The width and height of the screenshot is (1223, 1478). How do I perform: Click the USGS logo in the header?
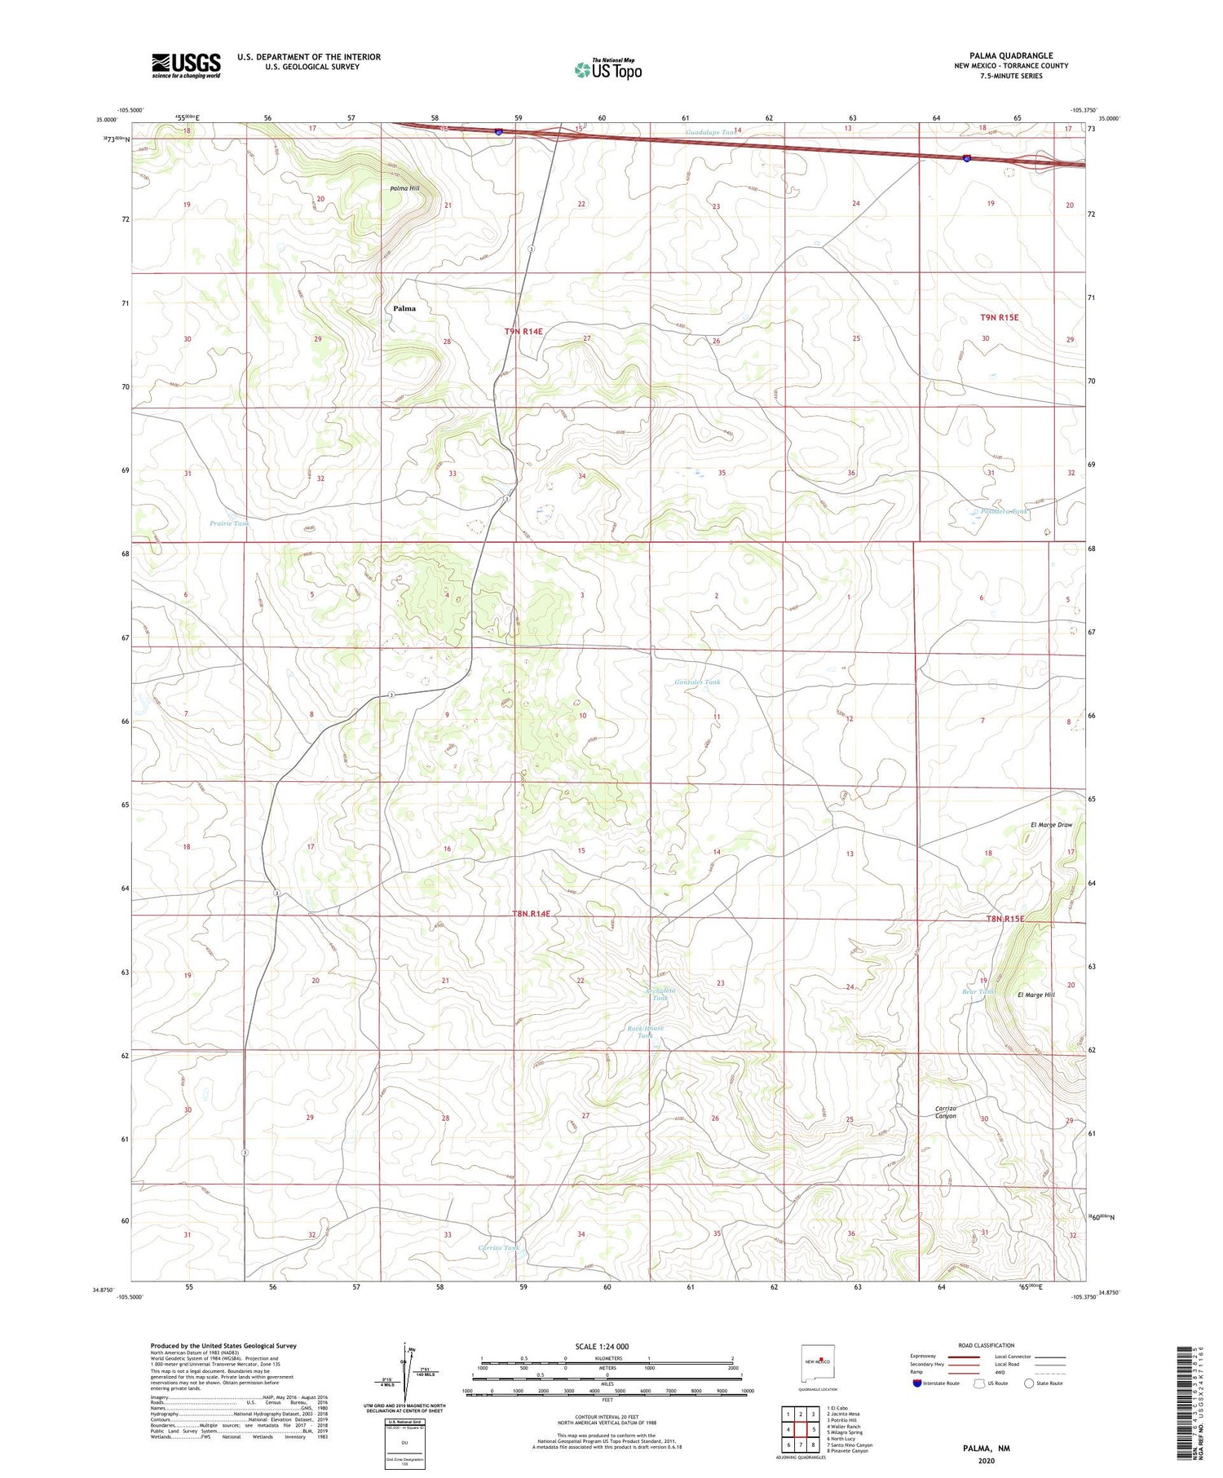tap(186, 65)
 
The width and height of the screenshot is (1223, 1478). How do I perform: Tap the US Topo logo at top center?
tap(607, 70)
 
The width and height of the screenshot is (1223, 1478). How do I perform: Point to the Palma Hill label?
tap(404, 188)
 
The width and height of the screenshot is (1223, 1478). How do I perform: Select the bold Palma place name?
tap(404, 308)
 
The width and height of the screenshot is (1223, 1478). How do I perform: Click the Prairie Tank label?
tap(229, 523)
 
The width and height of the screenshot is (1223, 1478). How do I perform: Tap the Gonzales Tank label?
tap(697, 682)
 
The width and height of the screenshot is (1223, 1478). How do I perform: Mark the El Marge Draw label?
tap(1051, 825)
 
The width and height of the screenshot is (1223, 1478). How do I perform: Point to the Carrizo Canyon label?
tap(946, 1112)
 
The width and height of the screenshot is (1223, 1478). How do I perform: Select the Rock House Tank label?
tap(646, 1032)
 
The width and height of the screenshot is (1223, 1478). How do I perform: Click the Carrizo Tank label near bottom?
tap(498, 1247)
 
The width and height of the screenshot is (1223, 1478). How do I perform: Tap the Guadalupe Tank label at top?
tap(709, 131)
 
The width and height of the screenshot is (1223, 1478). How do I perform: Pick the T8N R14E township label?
tap(532, 915)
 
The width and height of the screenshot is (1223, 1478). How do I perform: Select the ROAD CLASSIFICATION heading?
tap(987, 1345)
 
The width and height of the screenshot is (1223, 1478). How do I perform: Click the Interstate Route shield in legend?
tap(918, 1383)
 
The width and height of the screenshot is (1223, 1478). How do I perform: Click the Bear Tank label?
tap(978, 992)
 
